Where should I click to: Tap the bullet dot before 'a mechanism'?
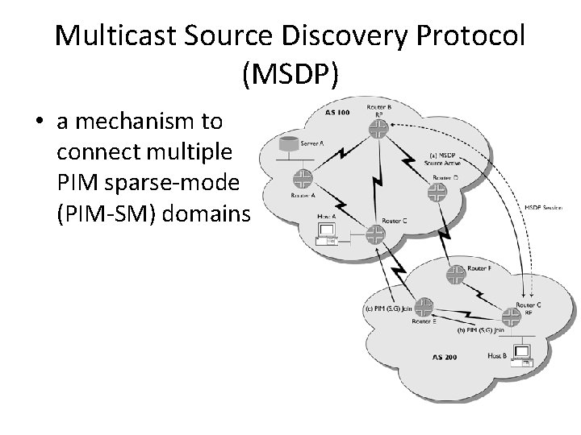pos(38,122)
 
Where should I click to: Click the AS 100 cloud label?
pos(338,114)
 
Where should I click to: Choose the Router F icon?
pos(456,274)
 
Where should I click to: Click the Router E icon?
pos(424,307)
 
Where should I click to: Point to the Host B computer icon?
pos(521,355)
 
